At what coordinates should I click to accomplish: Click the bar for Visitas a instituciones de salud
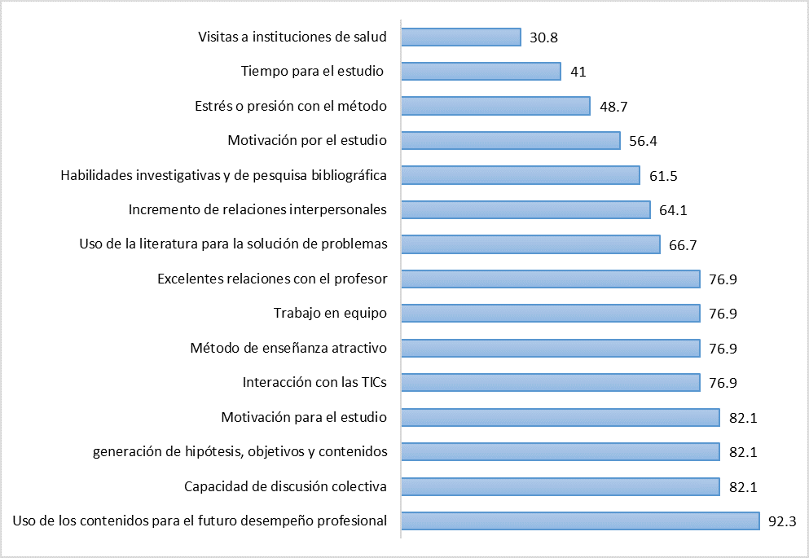click(x=461, y=37)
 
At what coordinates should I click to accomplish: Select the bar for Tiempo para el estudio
click(x=481, y=72)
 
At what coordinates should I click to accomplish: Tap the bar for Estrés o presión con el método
click(x=496, y=106)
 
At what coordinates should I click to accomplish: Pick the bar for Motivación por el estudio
click(x=512, y=141)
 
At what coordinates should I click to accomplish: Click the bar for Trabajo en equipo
click(x=551, y=314)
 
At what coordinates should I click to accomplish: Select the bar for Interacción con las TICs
click(x=551, y=383)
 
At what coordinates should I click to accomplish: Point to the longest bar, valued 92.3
click(x=581, y=521)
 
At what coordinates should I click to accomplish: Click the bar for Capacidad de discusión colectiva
click(x=561, y=486)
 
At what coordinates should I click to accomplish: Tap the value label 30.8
click(x=543, y=37)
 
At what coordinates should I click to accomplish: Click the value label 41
click(x=578, y=72)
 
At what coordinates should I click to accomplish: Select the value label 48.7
click(x=613, y=106)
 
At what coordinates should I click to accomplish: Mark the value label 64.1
click(x=673, y=210)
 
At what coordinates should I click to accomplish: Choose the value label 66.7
click(x=683, y=244)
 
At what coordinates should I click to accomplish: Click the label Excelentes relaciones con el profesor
click(x=272, y=279)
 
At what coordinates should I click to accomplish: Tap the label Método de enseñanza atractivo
click(x=288, y=349)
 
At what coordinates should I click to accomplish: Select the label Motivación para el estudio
click(x=304, y=418)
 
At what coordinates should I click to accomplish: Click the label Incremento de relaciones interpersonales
click(x=257, y=210)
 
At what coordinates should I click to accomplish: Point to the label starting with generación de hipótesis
click(x=240, y=452)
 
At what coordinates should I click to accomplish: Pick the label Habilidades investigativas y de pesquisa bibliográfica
click(x=224, y=175)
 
